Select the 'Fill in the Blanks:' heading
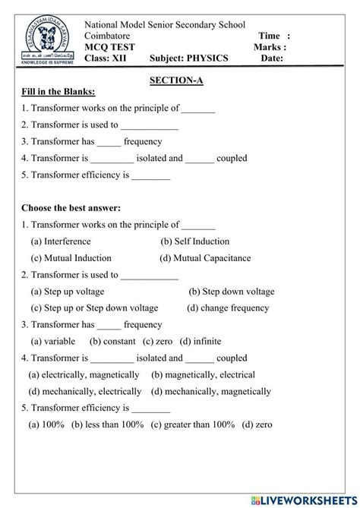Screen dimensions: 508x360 click(58, 92)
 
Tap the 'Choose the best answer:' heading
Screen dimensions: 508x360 click(71, 207)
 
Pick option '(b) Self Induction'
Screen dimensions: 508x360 click(194, 241)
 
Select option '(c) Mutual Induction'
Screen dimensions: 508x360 click(71, 258)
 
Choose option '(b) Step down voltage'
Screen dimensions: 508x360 click(232, 292)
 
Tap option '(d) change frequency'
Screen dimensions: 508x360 click(228, 308)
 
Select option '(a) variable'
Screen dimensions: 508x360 click(56, 342)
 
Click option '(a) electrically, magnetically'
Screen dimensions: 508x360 click(84, 375)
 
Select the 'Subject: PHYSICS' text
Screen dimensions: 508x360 click(188, 58)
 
